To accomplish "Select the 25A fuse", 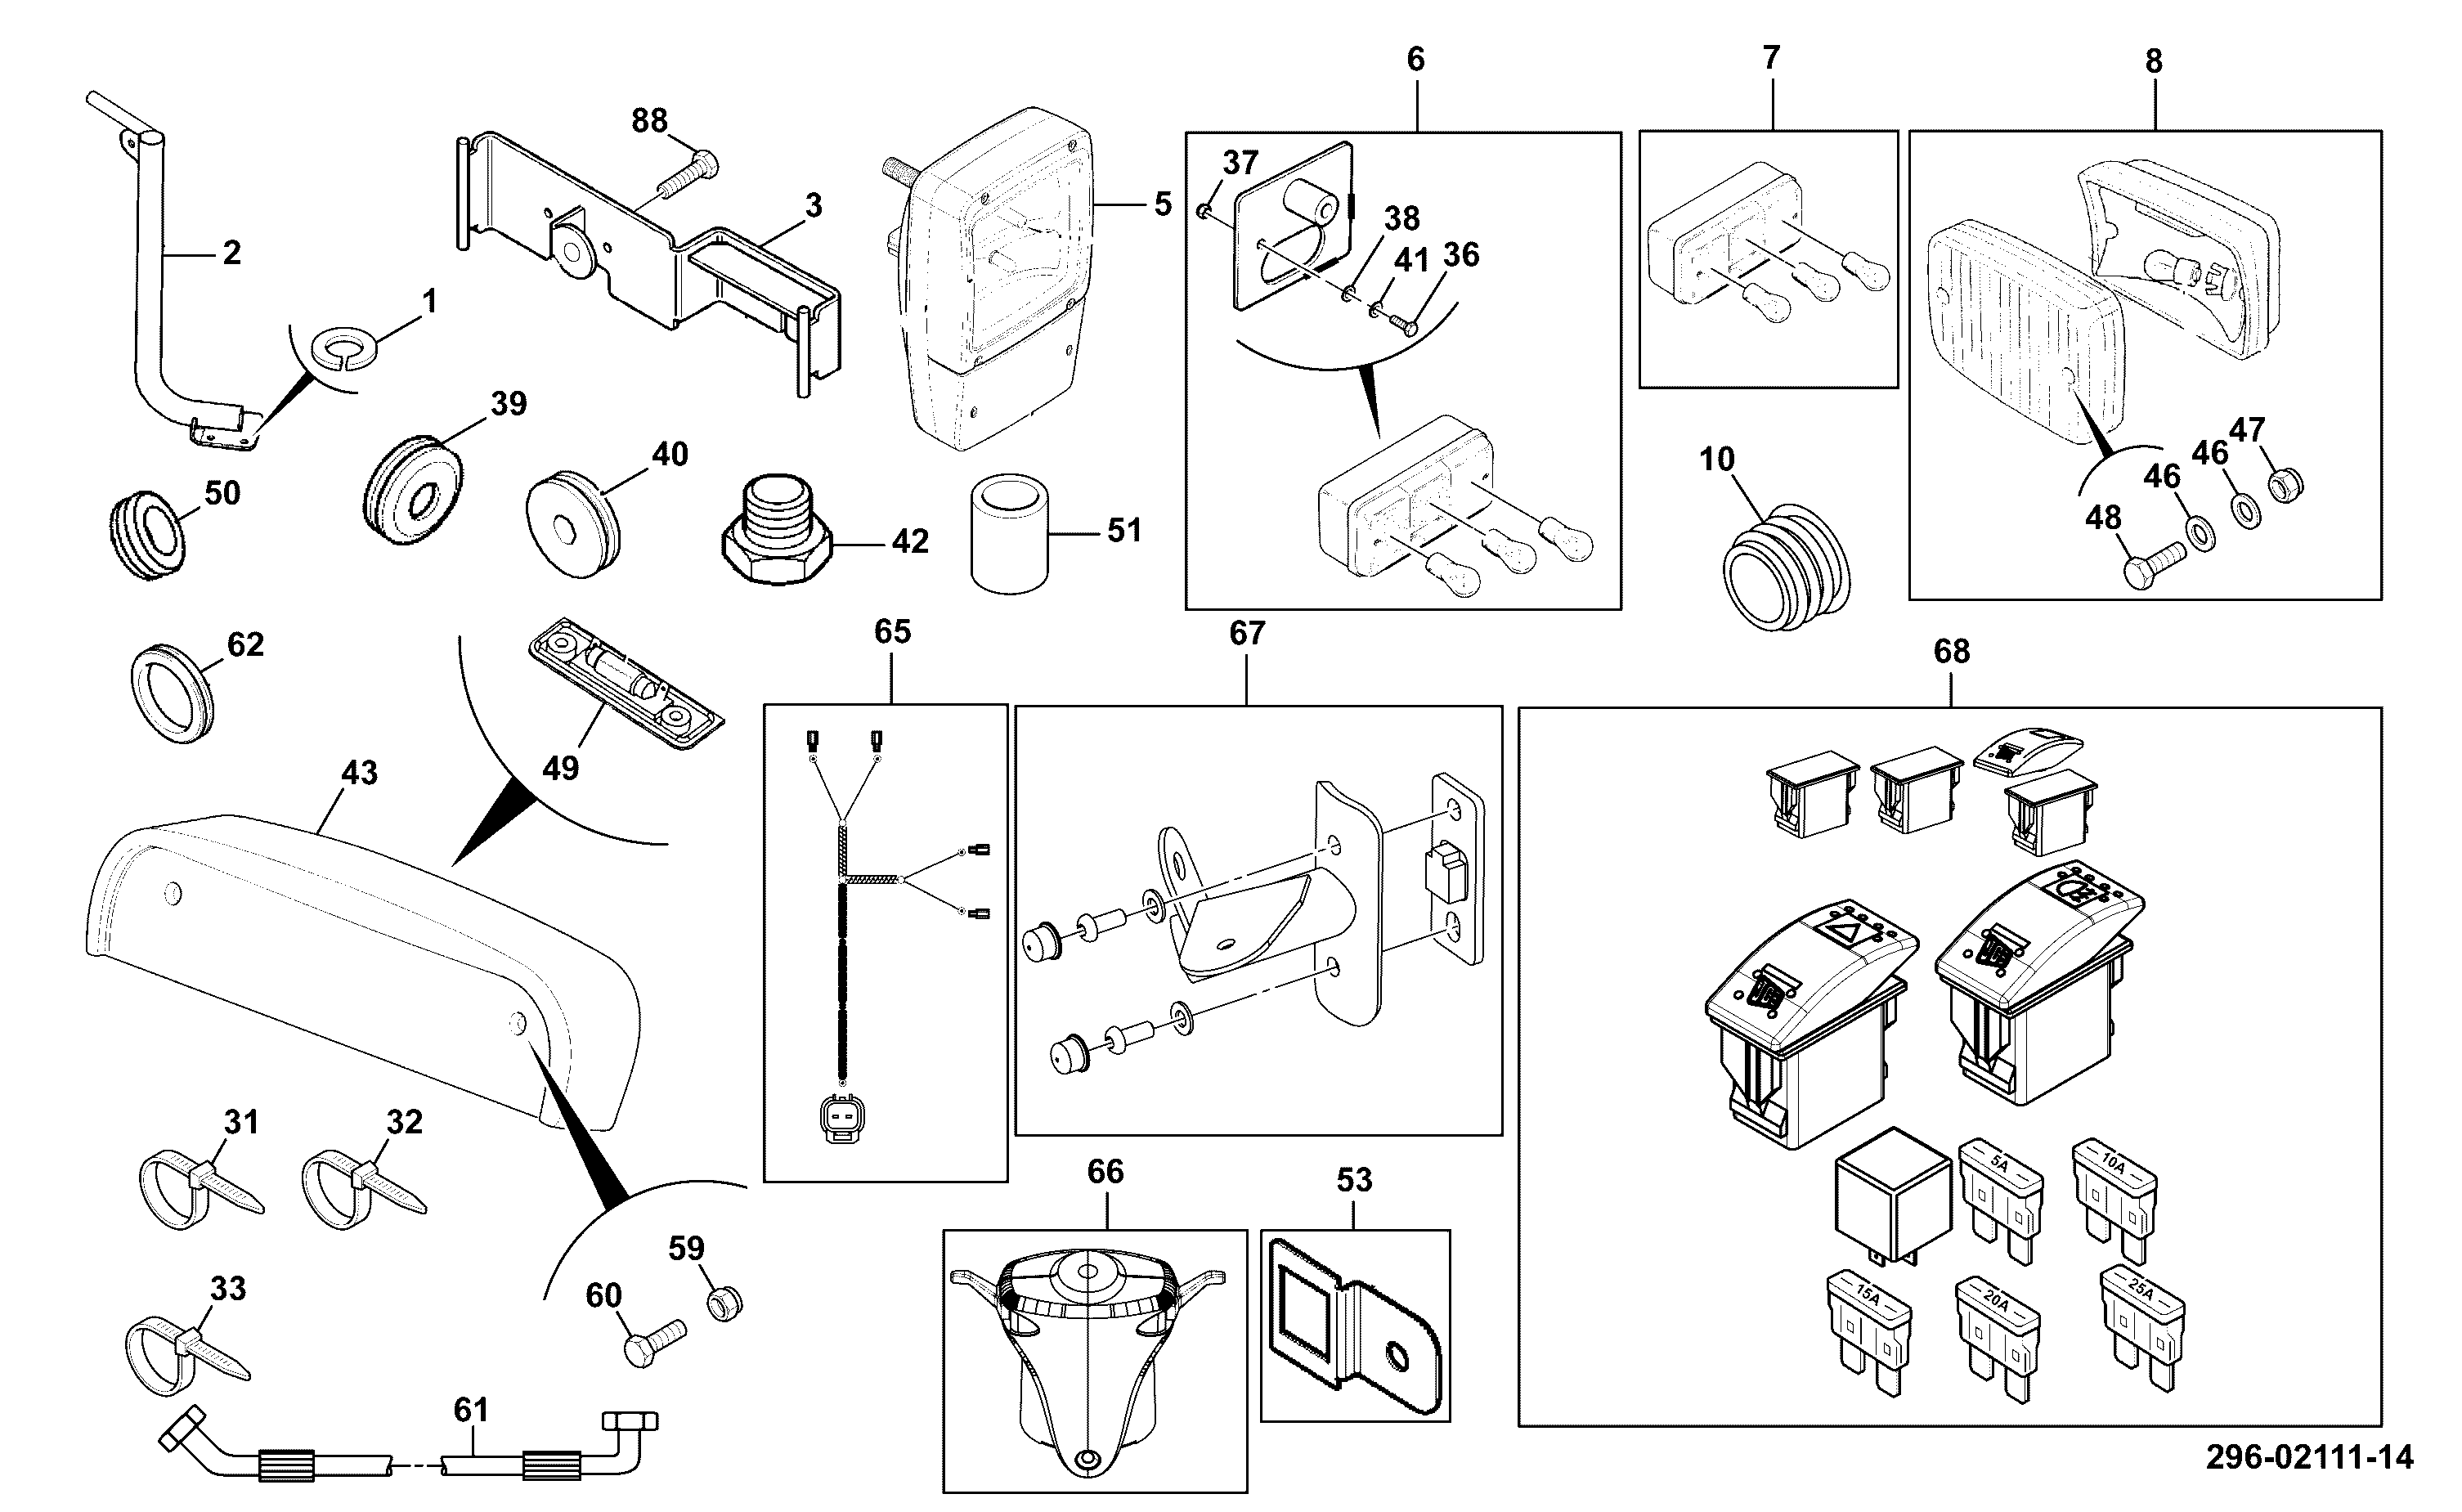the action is pyautogui.click(x=2142, y=1329).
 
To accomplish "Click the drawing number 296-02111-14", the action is pyautogui.click(x=2309, y=1457).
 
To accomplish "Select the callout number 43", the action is pyautogui.click(x=360, y=773).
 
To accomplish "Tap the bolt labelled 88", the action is pyautogui.click(x=688, y=174).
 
